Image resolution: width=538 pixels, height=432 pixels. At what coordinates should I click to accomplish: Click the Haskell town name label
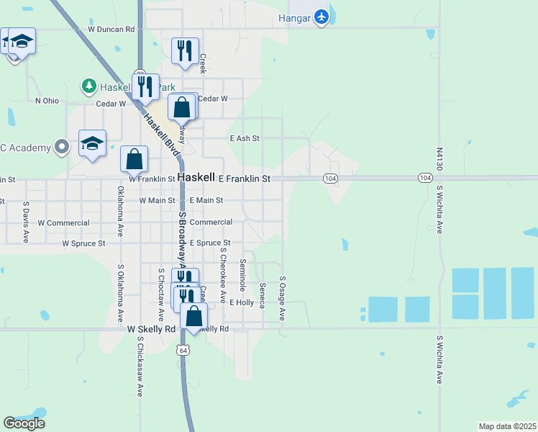(196, 177)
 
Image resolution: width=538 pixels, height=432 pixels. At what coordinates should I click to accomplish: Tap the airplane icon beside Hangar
(321, 17)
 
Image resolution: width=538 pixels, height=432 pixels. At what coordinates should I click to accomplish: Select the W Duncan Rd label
(111, 30)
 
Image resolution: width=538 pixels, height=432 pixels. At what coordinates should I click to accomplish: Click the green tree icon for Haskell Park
(88, 86)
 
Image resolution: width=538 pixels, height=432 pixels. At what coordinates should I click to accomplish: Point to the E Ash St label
(244, 138)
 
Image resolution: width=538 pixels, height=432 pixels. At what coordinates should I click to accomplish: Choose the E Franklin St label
(245, 178)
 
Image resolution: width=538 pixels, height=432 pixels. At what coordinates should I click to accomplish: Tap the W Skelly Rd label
(151, 329)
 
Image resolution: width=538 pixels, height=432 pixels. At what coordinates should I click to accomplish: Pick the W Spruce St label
(83, 244)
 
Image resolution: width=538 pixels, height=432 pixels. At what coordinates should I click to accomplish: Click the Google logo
(24, 423)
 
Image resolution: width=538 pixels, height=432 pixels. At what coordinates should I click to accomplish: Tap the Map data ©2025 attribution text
(508, 426)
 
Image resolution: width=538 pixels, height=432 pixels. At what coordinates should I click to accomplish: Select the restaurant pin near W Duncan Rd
(186, 51)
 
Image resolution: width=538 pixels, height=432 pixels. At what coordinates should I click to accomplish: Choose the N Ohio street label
(47, 101)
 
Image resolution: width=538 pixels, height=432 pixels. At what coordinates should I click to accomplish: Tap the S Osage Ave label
(283, 299)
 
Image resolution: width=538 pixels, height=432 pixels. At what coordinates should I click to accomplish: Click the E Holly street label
(242, 303)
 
